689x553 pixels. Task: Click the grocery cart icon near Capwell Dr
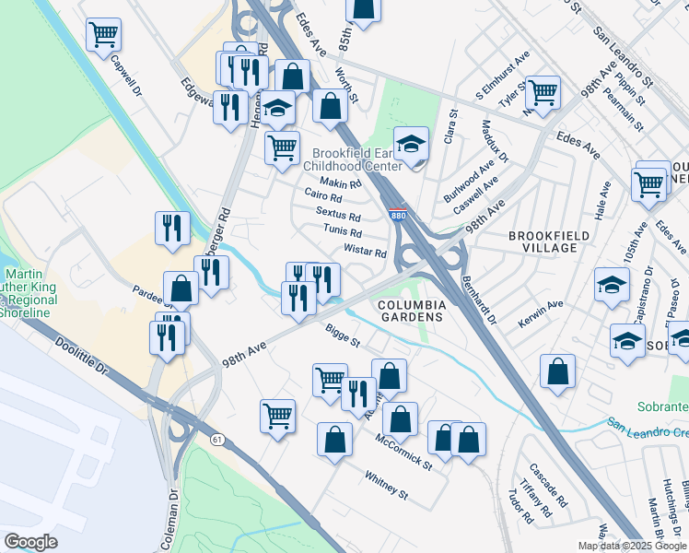104,36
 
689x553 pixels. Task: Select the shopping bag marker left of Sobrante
558,371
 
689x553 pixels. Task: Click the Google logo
30,542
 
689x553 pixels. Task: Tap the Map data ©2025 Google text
632,545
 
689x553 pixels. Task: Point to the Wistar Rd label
365,251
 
